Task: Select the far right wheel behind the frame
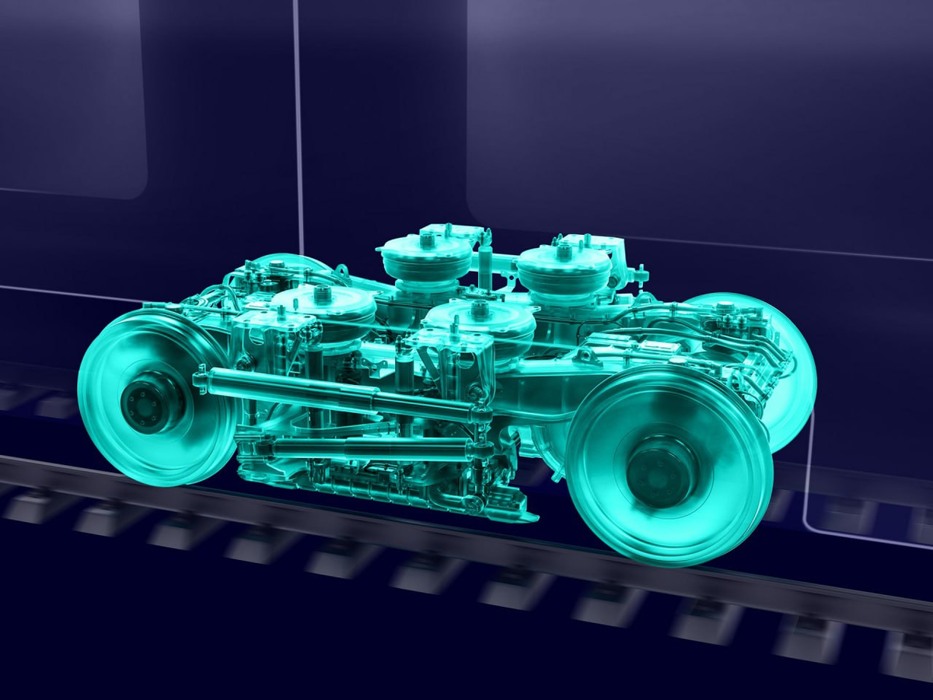tap(777, 366)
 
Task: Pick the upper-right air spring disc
tap(564, 268)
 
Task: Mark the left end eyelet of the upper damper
tap(201, 380)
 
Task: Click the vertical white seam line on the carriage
tap(297, 117)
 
